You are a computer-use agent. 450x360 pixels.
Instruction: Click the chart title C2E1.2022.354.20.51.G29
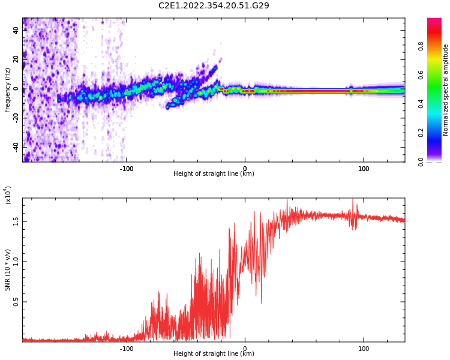pyautogui.click(x=214, y=6)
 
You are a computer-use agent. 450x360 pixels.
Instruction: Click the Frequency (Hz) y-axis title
pyautogui.click(x=7, y=90)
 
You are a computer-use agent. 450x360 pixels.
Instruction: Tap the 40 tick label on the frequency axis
pyautogui.click(x=16, y=31)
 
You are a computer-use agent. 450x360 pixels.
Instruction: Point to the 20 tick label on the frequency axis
pyautogui.click(x=16, y=60)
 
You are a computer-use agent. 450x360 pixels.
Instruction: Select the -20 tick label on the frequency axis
pyautogui.click(x=15, y=118)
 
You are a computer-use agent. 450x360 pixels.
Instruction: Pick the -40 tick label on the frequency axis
pyautogui.click(x=15, y=146)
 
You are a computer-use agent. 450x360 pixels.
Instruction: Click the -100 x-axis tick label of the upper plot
pyautogui.click(x=126, y=169)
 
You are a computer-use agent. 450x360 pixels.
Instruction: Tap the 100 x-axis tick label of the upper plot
pyautogui.click(x=364, y=169)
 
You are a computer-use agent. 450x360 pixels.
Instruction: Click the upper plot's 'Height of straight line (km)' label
pyautogui.click(x=214, y=174)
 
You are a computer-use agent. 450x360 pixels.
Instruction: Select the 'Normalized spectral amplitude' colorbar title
pyautogui.click(x=446, y=90)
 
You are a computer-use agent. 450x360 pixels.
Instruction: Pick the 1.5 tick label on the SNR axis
pyautogui.click(x=16, y=221)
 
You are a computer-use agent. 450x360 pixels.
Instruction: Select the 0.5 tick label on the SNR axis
pyautogui.click(x=16, y=301)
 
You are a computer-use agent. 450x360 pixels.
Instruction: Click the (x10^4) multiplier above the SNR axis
pyautogui.click(x=8, y=195)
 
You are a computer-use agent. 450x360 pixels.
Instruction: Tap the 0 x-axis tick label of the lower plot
pyautogui.click(x=245, y=349)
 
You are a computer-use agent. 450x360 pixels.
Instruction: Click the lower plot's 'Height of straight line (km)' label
pyautogui.click(x=214, y=354)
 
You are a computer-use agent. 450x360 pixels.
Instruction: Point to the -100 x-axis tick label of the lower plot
pyautogui.click(x=126, y=349)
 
